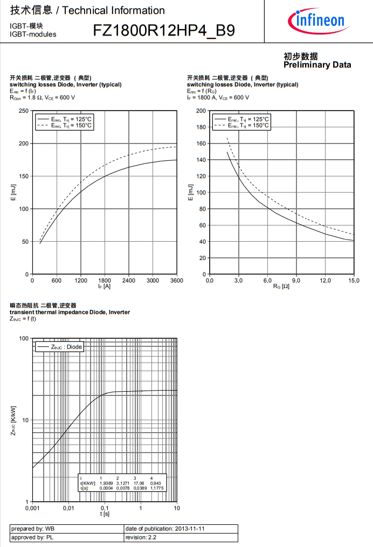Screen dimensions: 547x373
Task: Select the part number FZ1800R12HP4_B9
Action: (164, 31)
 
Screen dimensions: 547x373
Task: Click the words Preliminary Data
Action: (317, 65)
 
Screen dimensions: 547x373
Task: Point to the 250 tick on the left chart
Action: (24, 111)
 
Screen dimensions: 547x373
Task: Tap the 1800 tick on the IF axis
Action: (105, 281)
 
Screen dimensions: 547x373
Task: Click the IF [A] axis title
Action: (105, 286)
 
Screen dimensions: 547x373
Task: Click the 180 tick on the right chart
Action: (201, 127)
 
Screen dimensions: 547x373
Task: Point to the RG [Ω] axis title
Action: (281, 286)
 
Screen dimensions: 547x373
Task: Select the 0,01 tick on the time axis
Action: (68, 508)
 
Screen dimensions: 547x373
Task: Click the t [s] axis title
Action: (105, 514)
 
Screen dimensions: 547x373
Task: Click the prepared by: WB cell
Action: (66, 529)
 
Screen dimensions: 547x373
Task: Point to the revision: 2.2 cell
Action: (180, 537)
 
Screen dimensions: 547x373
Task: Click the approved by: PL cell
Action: (66, 537)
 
